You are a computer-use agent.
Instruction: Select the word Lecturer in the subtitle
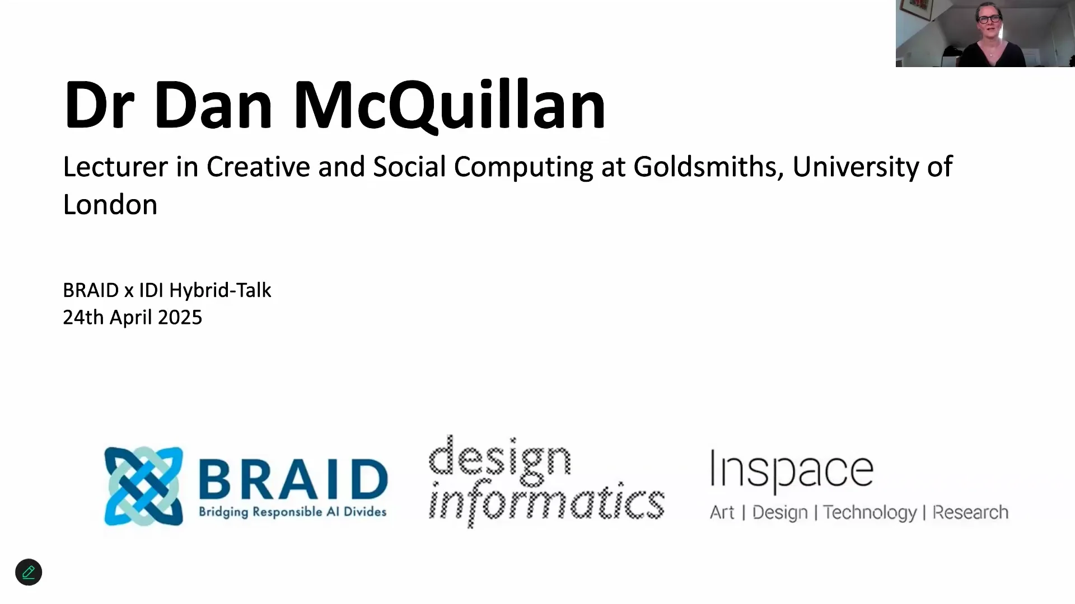point(115,167)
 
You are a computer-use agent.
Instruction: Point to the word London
point(110,205)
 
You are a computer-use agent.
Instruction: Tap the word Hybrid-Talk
point(220,290)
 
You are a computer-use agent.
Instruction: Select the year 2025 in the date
point(180,318)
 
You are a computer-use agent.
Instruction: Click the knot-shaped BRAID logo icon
point(143,486)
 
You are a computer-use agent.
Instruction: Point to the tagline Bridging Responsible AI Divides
point(293,512)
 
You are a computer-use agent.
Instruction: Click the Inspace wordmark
point(792,470)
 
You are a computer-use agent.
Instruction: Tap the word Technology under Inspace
point(870,513)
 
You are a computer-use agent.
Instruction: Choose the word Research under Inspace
point(970,512)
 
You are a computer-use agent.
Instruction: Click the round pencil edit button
point(29,572)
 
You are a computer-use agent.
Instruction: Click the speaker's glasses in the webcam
point(989,19)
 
